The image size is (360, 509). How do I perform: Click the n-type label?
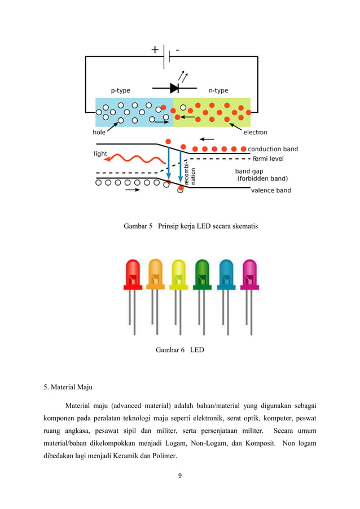218,90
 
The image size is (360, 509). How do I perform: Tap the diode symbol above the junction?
174,88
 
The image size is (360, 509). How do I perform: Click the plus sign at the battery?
155,50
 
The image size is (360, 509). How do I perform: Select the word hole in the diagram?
99,133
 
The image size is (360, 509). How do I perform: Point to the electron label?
255,133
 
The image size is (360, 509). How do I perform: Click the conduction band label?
273,149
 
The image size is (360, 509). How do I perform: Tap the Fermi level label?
268,159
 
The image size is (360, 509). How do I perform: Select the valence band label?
271,190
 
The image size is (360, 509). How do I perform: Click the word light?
100,153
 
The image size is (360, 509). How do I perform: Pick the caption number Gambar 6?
170,350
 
